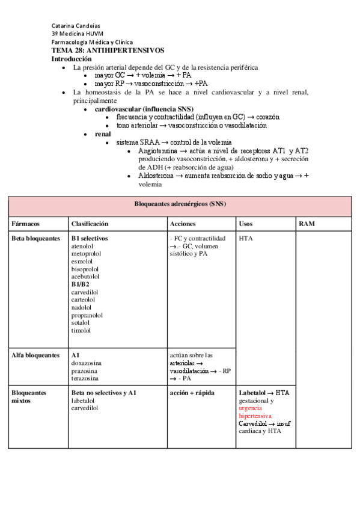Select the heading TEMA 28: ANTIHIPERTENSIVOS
click(108, 51)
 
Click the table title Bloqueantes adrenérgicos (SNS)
click(180, 204)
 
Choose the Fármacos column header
click(25, 224)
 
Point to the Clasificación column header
click(90, 224)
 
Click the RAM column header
click(307, 224)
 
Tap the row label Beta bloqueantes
click(35, 239)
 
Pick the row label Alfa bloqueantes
click(35, 355)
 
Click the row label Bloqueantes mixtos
click(29, 396)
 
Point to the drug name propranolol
click(87, 315)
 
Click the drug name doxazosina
click(87, 363)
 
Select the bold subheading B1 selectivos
click(90, 239)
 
